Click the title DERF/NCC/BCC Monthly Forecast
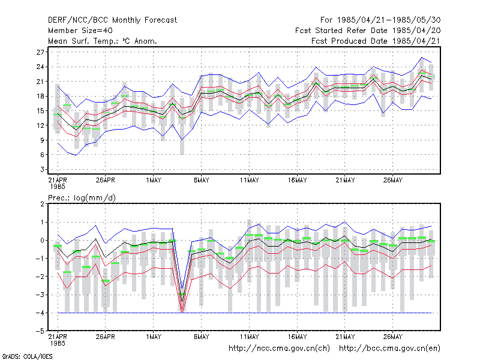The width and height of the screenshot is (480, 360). point(112,20)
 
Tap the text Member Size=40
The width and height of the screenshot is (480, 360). point(80,31)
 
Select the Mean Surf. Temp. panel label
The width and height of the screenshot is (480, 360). point(102,41)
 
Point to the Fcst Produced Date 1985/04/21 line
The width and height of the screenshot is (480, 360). point(376,41)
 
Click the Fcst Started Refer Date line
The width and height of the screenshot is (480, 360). point(368,31)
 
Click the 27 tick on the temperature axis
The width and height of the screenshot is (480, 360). point(40,52)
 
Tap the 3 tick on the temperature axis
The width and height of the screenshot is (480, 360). point(42,169)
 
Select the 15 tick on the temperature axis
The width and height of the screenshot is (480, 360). point(40,111)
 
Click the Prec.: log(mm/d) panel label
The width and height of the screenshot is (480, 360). point(82,198)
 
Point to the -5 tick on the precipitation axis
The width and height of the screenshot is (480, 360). point(40,331)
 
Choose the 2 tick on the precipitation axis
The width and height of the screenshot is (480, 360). point(42,204)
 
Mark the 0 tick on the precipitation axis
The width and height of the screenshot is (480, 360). point(42,241)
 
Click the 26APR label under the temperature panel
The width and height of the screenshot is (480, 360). point(106,180)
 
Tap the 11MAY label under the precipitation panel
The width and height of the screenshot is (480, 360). point(249,337)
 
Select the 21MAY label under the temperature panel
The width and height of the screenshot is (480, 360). point(345,180)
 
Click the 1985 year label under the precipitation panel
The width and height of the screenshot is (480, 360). point(58,343)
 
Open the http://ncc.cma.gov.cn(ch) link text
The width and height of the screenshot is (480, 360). point(279,349)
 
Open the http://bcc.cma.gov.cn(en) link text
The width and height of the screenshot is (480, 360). point(389,349)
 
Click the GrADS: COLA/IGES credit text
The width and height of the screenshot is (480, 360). point(28,356)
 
